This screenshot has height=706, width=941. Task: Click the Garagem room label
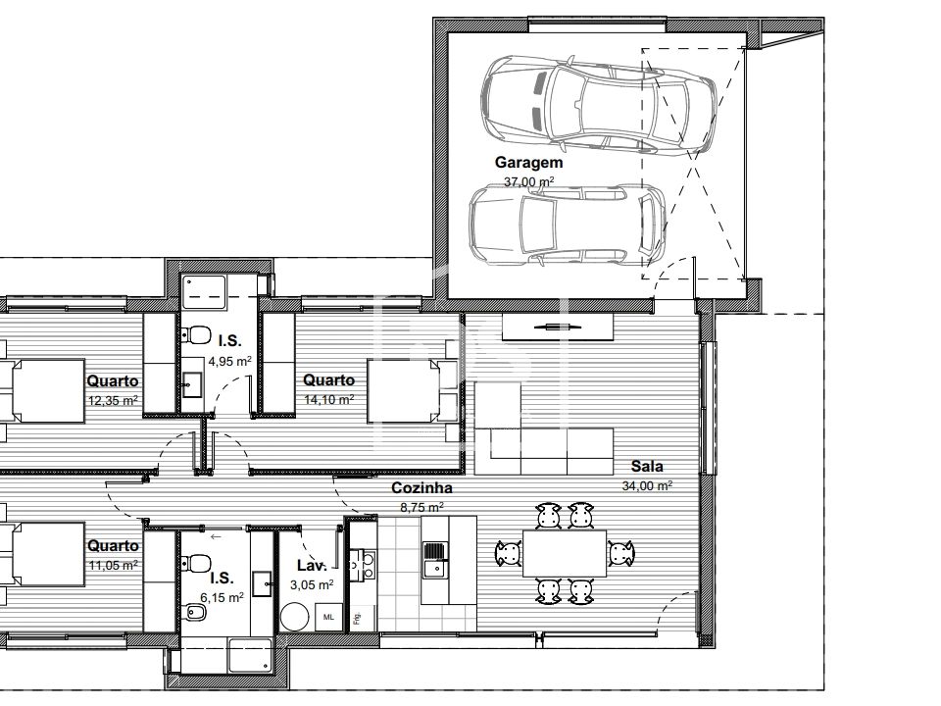tap(528, 163)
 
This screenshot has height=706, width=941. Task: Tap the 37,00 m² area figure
tap(528, 180)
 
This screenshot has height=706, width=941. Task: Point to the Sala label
tap(647, 467)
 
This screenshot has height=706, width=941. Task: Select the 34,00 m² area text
tap(647, 485)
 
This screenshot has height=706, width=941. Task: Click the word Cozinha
tap(421, 488)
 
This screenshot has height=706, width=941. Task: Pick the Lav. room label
tap(312, 566)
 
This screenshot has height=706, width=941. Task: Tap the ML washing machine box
tap(329, 617)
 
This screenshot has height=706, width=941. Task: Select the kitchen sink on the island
tap(435, 559)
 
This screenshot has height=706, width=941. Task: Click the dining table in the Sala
tap(565, 553)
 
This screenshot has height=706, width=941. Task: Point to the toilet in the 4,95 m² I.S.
tap(196, 335)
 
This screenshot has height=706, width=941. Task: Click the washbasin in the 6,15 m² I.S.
tap(262, 584)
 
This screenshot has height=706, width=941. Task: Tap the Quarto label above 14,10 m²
tap(329, 380)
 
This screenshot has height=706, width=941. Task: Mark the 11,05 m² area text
tap(114, 565)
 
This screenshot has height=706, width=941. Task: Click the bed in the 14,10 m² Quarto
tap(412, 391)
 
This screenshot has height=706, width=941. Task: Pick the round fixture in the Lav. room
tap(295, 617)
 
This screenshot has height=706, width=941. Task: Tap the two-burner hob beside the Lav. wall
tap(363, 565)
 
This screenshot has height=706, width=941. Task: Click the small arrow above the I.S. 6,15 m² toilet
tap(216, 536)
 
